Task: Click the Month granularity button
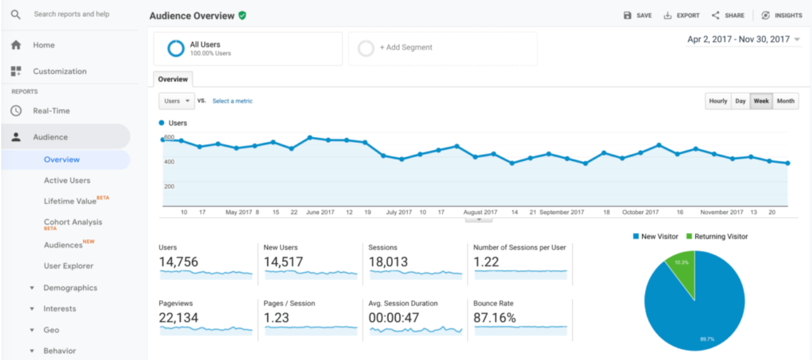tap(786, 101)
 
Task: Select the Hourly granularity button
tap(718, 101)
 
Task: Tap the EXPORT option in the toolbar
tap(682, 16)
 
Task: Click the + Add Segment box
tap(442, 48)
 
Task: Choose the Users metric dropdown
tap(176, 101)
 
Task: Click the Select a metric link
tap(233, 101)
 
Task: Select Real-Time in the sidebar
tap(51, 111)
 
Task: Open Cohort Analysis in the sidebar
tap(72, 222)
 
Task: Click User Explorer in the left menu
tap(68, 266)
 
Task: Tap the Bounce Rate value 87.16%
tap(494, 318)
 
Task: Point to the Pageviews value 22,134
tap(178, 318)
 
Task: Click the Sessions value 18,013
tap(388, 262)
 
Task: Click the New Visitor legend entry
tap(655, 237)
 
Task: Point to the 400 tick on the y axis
tap(169, 161)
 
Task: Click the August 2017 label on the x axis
tap(480, 212)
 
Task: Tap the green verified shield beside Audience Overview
tap(242, 16)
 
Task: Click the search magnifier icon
tap(16, 14)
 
